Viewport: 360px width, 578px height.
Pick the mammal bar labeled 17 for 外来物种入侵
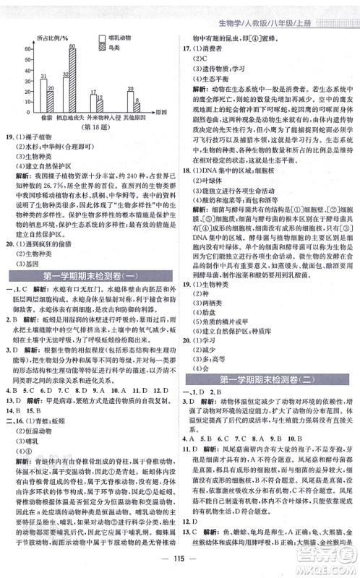(x=93, y=100)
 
